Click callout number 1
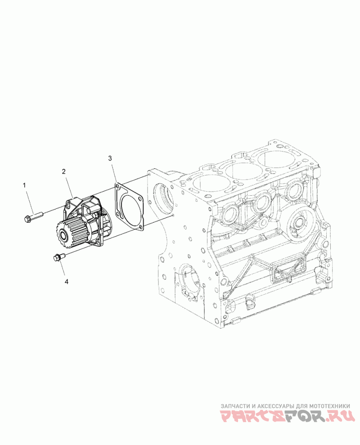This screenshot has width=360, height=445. pos(24,185)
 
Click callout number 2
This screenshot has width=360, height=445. pos(64,171)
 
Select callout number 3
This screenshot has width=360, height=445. pos(110,158)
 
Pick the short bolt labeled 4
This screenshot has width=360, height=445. pos(59,257)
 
